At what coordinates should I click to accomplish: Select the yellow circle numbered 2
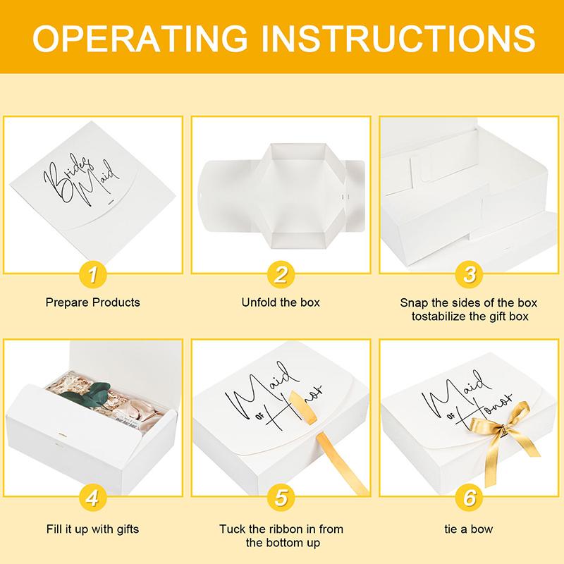coord(281,274)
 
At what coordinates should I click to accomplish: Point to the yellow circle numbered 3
coord(470,274)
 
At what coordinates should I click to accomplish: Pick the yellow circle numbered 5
coord(281,498)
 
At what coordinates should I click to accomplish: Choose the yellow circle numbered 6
coord(470,498)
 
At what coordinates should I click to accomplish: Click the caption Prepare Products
coord(92,302)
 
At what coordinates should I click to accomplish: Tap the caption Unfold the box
coord(281,302)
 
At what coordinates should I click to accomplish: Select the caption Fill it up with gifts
coord(92,529)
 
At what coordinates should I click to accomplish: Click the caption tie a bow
coord(470,529)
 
